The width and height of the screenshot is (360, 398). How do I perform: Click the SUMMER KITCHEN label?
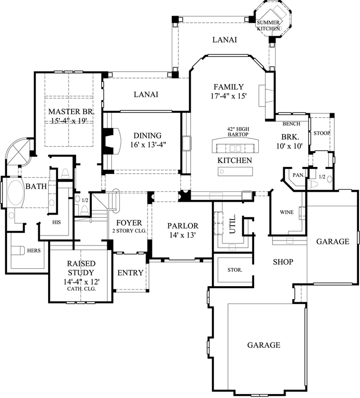[269, 26]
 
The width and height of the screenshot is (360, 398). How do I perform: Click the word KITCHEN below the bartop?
[234, 160]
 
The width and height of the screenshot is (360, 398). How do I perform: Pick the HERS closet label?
[34, 250]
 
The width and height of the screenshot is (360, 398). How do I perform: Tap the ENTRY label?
[130, 273]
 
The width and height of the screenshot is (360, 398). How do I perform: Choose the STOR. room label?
[235, 270]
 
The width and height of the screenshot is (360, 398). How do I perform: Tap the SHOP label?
[282, 262]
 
